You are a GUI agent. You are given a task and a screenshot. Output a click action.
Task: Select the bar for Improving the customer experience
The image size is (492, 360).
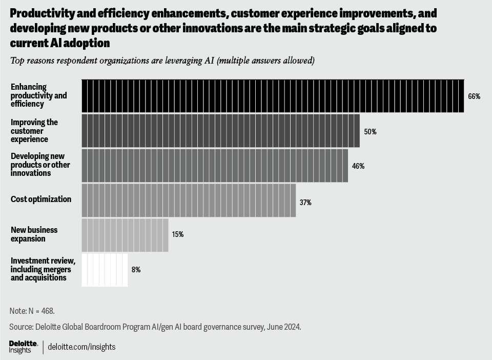coord(220,131)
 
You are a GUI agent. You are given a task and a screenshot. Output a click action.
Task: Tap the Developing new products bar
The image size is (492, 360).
coord(215,166)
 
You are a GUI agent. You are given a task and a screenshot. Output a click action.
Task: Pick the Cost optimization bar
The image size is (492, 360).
coord(189,200)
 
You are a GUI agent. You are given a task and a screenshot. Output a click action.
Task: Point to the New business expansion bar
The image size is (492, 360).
coord(125,235)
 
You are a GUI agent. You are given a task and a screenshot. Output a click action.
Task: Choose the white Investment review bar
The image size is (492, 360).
coord(105,270)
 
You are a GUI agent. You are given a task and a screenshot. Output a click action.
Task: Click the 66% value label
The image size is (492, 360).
coord(474,96)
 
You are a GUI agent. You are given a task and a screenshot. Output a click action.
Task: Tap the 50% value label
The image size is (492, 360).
coord(370,132)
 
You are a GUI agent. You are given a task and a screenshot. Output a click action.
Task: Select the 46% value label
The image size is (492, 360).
coord(358,166)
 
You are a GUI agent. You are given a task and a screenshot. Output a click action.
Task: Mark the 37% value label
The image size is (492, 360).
coord(305,203)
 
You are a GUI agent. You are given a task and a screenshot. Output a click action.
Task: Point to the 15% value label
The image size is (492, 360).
coord(178,234)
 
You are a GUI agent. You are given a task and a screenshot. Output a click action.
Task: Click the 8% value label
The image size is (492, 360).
coord(136,269)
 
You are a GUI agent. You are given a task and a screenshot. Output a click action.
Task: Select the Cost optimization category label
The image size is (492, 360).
coord(41,199)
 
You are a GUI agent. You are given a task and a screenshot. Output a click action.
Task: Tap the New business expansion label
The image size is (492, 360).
coord(34,234)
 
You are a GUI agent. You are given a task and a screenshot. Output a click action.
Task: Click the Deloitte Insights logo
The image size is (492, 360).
coord(23,347)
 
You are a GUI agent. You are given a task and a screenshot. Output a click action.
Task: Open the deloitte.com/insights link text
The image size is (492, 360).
coord(81,347)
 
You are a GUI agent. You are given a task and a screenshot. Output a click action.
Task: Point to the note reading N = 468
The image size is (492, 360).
coord(32,311)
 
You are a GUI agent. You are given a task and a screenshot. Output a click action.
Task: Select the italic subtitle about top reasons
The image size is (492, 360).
coord(162,61)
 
